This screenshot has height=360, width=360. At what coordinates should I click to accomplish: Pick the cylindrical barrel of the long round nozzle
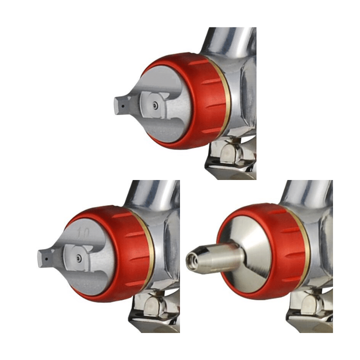(x=220, y=257)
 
